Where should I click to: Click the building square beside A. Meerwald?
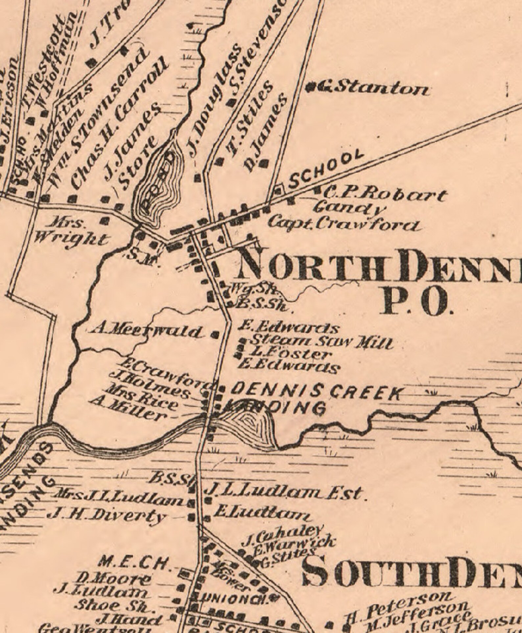(215, 335)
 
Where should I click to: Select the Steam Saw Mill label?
(322, 342)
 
